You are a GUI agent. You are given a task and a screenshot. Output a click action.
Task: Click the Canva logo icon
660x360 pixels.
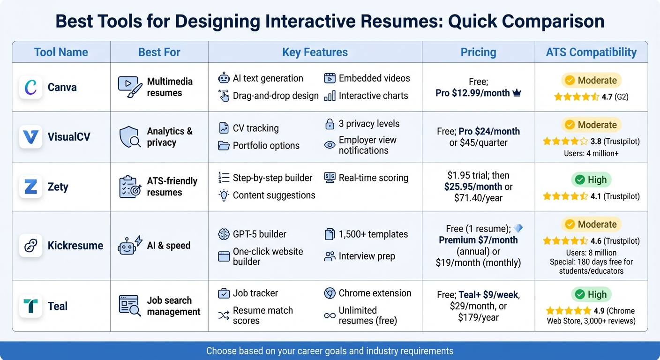pyautogui.click(x=31, y=87)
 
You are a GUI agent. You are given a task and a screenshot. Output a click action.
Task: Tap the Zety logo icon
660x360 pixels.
pyautogui.click(x=31, y=187)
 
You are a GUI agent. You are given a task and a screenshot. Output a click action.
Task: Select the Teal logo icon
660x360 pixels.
pyautogui.click(x=31, y=306)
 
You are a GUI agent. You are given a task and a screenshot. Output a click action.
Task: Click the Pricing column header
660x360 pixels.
pyautogui.click(x=478, y=52)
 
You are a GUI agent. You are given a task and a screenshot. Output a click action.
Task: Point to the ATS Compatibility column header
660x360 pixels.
pyautogui.click(x=591, y=52)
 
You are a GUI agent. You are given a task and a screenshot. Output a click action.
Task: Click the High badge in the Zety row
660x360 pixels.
pyautogui.click(x=591, y=180)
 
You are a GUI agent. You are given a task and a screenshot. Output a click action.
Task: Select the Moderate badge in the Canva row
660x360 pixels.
pyautogui.click(x=591, y=81)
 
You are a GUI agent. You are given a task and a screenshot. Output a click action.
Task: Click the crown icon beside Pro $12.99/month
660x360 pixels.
pyautogui.click(x=517, y=93)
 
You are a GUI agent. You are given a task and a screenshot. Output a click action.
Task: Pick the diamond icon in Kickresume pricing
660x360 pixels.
pyautogui.click(x=518, y=228)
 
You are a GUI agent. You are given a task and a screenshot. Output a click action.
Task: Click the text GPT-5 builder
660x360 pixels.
pyautogui.click(x=259, y=234)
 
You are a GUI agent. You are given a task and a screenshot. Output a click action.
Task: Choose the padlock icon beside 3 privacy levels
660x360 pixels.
pyautogui.click(x=330, y=124)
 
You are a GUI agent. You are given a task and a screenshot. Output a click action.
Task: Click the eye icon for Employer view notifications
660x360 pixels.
pyautogui.click(x=330, y=145)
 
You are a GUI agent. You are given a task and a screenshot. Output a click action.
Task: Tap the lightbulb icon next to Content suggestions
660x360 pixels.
pyautogui.click(x=224, y=195)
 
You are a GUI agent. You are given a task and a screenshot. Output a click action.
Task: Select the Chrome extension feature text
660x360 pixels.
pyautogui.click(x=375, y=293)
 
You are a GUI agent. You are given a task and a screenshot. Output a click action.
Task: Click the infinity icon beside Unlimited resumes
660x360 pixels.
pyautogui.click(x=330, y=315)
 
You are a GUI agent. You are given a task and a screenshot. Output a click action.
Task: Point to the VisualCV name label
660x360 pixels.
pyautogui.click(x=69, y=137)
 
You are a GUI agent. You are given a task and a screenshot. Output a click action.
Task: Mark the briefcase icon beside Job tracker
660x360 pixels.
pyautogui.click(x=224, y=293)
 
